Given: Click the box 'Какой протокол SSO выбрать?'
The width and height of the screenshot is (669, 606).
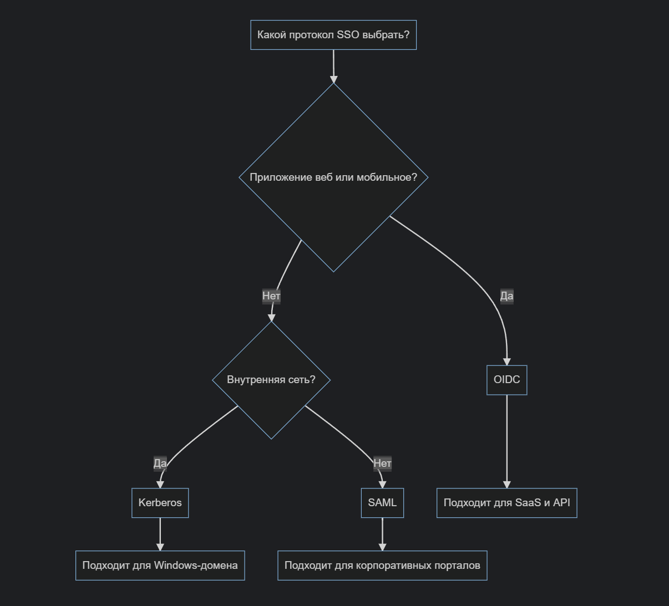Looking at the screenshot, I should pos(333,35).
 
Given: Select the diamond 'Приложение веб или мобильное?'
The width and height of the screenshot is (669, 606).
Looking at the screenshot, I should pos(333,177).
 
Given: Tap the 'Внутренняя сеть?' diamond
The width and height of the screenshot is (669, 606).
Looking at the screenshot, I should pos(271,380).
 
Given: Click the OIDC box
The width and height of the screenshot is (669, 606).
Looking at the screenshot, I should pos(506,380).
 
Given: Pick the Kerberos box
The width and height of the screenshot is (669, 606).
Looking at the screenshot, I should pos(160,503).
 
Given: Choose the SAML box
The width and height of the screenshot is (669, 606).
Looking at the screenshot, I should pos(382,503).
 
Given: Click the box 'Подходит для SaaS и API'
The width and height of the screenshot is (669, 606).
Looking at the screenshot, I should pos(506,503).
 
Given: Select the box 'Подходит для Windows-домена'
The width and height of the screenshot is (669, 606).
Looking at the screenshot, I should pos(160,566).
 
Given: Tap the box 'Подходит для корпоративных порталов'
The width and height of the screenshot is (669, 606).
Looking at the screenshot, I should pos(382,566).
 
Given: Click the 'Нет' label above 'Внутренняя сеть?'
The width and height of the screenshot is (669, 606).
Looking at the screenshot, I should pos(271,296).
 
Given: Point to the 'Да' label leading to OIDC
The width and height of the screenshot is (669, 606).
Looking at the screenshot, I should pos(506,296).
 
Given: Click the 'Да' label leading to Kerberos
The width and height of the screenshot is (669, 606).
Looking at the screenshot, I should pos(160,463).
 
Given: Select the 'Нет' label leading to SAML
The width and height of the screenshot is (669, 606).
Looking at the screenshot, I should pos(382,463).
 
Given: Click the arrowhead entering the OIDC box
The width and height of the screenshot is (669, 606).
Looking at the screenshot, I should pos(506,361).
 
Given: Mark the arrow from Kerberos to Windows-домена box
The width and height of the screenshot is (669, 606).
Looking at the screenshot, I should pos(160,534).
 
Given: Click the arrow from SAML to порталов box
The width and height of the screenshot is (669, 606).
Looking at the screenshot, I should pos(382,534).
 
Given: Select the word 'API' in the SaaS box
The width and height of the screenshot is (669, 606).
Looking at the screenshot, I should pos(561,503).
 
